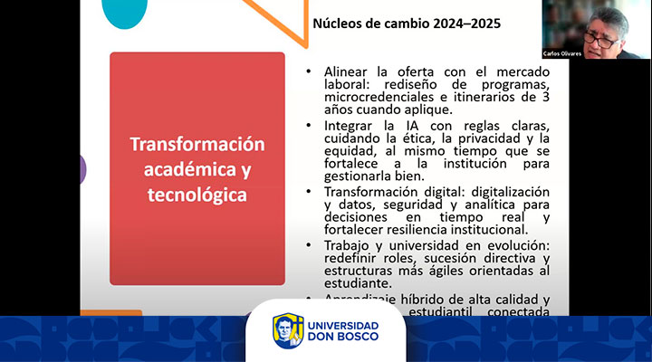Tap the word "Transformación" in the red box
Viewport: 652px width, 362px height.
(x=197, y=145)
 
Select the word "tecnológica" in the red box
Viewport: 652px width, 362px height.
(x=197, y=194)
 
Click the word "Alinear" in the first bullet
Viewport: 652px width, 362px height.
(x=341, y=71)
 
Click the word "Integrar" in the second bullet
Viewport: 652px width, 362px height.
(x=344, y=124)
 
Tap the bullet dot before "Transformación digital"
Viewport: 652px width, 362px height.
(x=310, y=192)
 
